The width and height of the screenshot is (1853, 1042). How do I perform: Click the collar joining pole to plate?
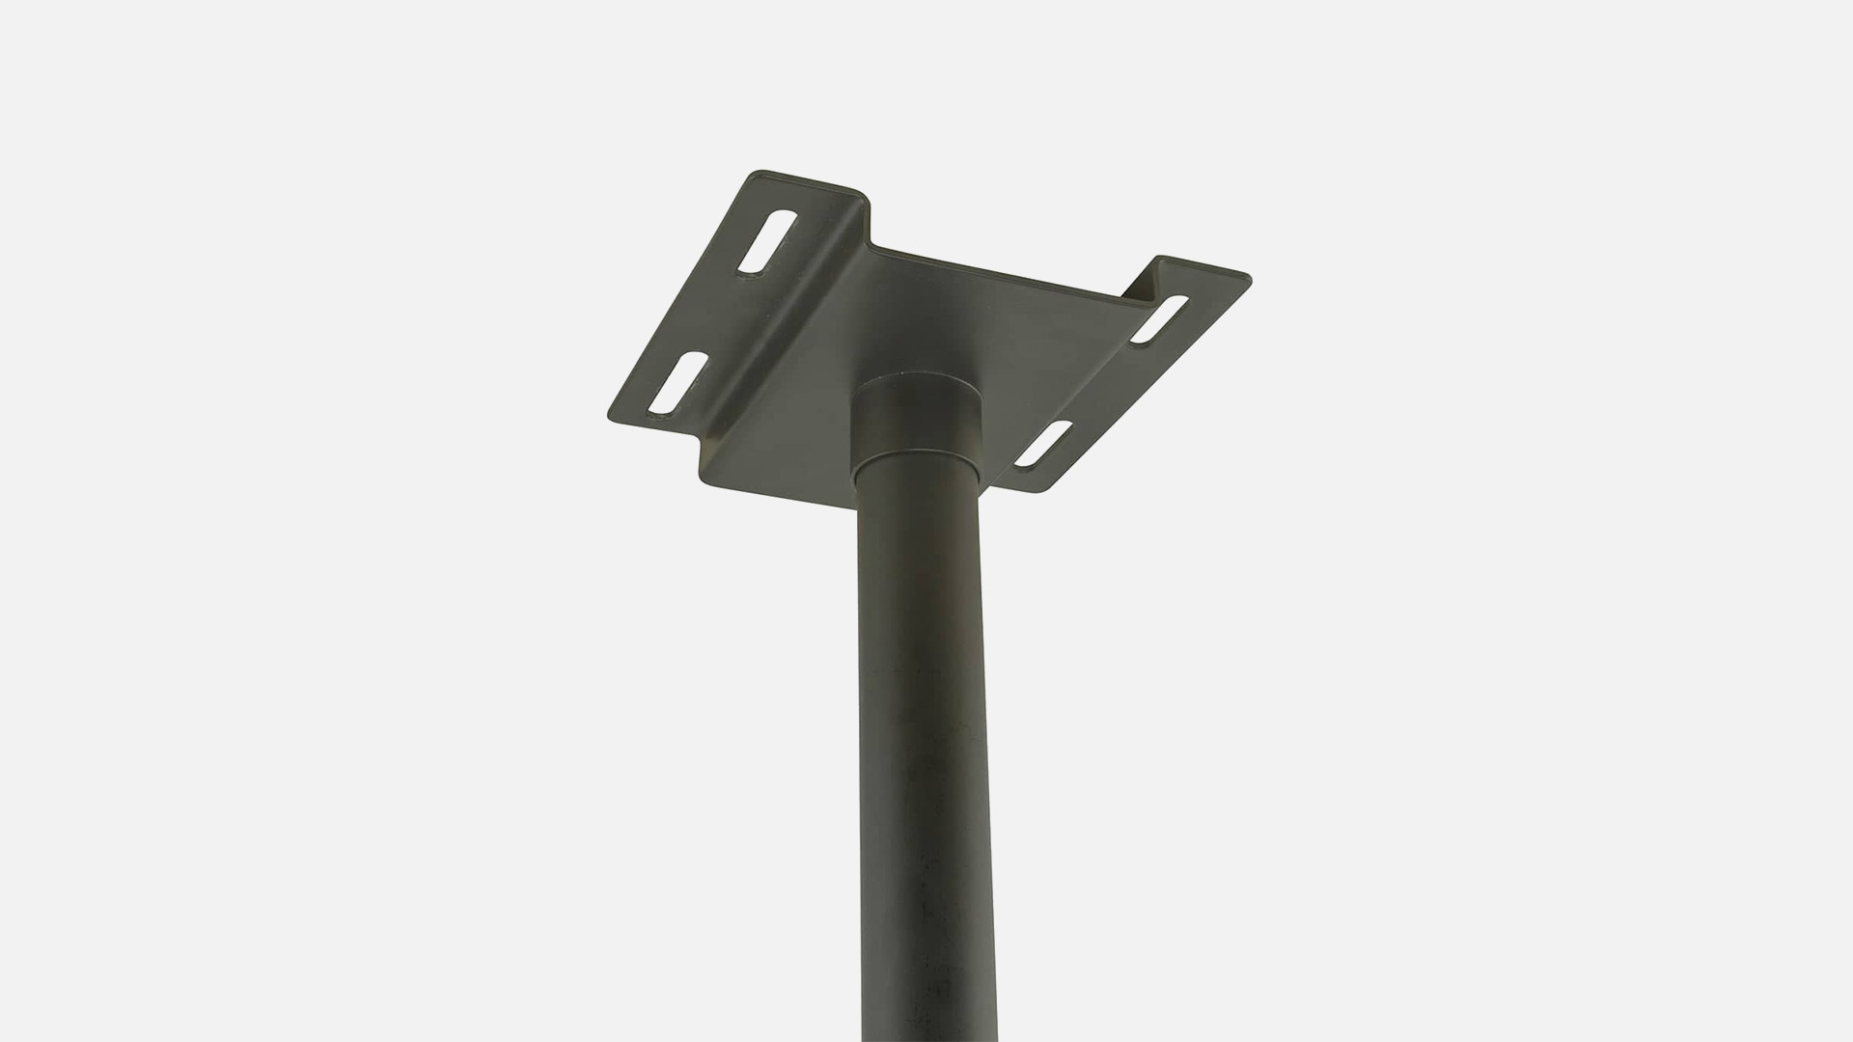tap(919, 425)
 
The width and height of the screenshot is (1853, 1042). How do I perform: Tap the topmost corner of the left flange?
tap(759, 174)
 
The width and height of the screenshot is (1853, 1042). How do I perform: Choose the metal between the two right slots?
tap(1100, 381)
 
